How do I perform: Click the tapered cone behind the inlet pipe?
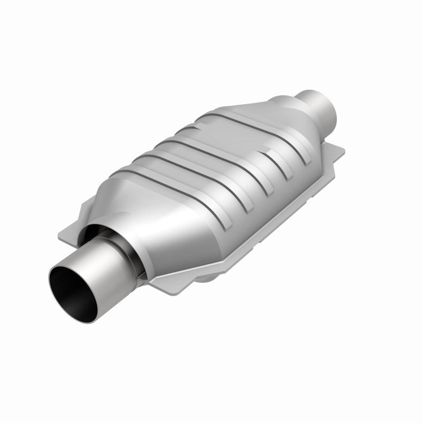coord(159,222)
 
